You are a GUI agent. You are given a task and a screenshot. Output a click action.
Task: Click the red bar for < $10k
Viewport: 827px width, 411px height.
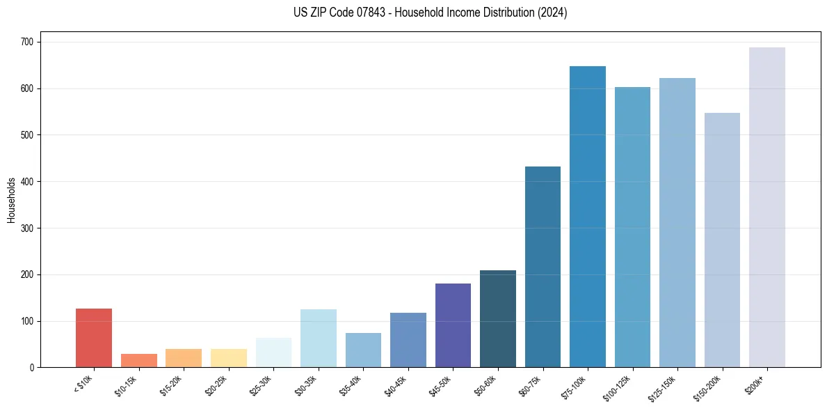click(94, 338)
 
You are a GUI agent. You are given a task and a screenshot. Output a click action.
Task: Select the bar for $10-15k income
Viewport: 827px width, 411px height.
click(139, 360)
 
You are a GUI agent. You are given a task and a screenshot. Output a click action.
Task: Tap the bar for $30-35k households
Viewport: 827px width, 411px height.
click(319, 339)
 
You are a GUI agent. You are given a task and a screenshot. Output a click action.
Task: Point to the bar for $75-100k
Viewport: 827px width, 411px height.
click(588, 217)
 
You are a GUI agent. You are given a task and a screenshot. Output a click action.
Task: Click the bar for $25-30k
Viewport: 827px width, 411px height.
click(273, 352)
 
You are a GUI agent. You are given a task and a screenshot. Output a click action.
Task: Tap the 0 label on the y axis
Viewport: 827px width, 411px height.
click(33, 368)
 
